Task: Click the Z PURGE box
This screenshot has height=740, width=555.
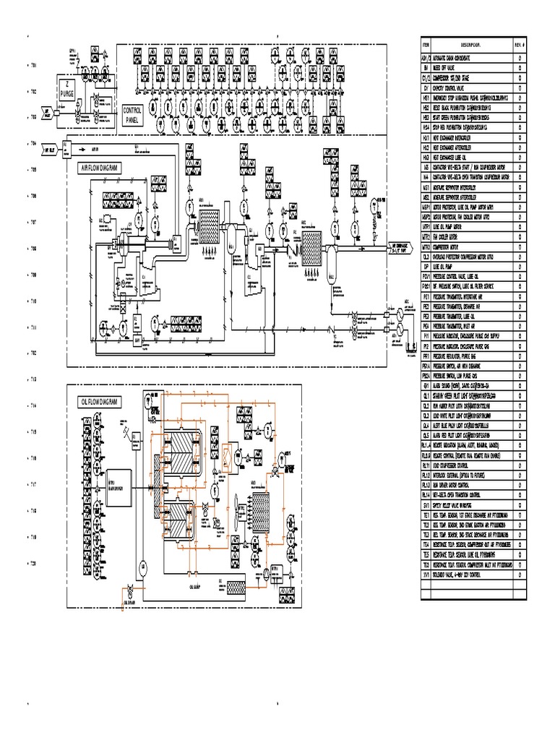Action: click(x=66, y=89)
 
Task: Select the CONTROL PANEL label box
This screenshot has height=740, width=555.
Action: click(x=132, y=116)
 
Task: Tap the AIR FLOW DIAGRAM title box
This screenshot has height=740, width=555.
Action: click(x=99, y=167)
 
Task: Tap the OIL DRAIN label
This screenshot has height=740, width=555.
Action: click(x=130, y=601)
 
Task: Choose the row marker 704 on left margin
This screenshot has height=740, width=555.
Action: click(x=33, y=144)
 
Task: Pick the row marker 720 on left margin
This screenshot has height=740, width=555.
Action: click(x=33, y=564)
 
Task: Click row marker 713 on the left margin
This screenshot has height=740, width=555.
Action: click(x=33, y=379)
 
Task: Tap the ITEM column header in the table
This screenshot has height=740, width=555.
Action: click(x=426, y=44)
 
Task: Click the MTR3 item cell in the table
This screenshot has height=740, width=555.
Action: click(x=426, y=246)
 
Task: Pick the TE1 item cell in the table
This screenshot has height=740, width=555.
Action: click(x=426, y=515)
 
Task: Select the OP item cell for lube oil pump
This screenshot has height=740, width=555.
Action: click(x=426, y=266)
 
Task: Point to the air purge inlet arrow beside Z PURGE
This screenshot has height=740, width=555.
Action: click(x=48, y=114)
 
